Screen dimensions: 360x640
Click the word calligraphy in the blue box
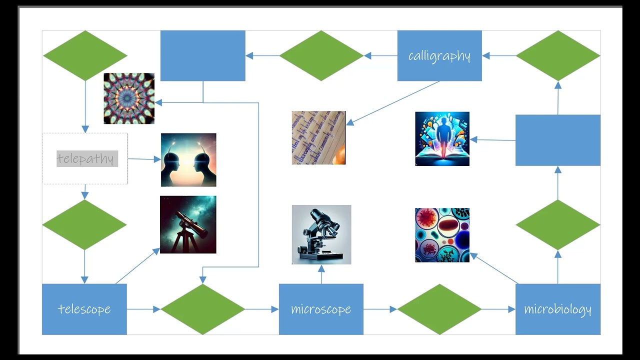pyautogui.click(x=439, y=55)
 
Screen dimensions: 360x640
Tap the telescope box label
pyautogui.click(x=84, y=309)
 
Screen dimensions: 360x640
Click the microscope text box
pyautogui.click(x=321, y=309)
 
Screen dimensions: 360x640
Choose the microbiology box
pyautogui.click(x=557, y=309)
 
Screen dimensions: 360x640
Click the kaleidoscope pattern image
pyautogui.click(x=129, y=98)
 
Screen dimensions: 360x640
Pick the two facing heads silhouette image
pyautogui.click(x=188, y=159)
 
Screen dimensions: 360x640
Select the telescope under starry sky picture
pyautogui.click(x=188, y=224)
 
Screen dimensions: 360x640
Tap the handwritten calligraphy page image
pyautogui.click(x=318, y=137)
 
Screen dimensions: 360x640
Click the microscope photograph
pyautogui.click(x=321, y=234)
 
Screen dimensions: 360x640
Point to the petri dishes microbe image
pyautogui.click(x=442, y=235)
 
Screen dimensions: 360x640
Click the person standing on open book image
pyautogui.click(x=442, y=138)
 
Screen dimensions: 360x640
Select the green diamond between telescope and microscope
pyautogui.click(x=202, y=309)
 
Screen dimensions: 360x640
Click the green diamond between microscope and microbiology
pyautogui.click(x=439, y=309)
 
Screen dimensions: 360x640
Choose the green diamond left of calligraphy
pyautogui.click(x=321, y=55)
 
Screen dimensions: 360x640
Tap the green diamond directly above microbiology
pyautogui.click(x=557, y=224)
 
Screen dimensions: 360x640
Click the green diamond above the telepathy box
pyautogui.click(x=85, y=55)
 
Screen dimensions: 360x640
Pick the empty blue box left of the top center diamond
pyautogui.click(x=202, y=55)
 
